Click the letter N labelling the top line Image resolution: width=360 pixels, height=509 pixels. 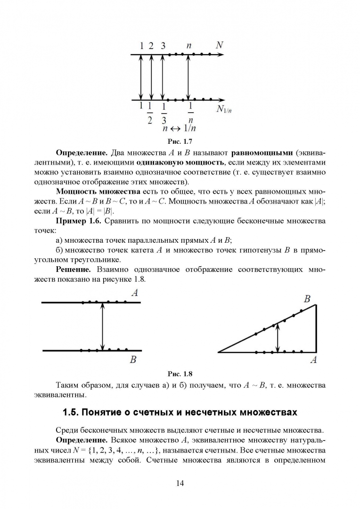click(219, 45)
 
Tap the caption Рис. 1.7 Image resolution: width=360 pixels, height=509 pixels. click(180, 141)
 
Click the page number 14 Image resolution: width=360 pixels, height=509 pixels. click(180, 483)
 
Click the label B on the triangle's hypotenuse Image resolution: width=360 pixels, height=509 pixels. click(307, 298)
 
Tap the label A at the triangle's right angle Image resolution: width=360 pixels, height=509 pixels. click(313, 361)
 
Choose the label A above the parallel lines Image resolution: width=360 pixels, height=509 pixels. click(134, 293)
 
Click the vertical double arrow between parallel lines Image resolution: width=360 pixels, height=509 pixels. click(103, 326)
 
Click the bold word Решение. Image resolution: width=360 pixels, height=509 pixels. click(74, 270)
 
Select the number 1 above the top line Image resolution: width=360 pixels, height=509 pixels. click(141, 46)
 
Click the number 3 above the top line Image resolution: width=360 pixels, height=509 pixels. click(163, 46)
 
